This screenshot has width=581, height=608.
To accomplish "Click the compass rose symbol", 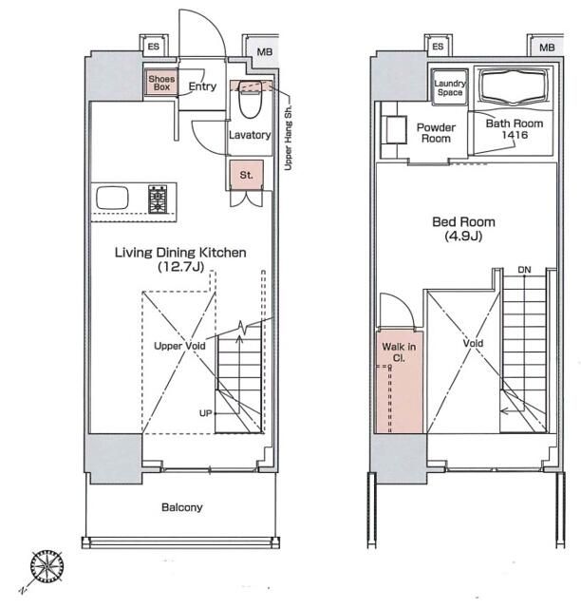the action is click(x=47, y=566).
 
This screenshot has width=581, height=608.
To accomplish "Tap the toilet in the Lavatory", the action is click(x=250, y=99).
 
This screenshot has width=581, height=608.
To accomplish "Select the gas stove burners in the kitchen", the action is click(x=158, y=199).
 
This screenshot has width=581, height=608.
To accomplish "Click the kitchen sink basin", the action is click(x=112, y=198).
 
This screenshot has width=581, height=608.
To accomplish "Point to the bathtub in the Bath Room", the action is click(x=515, y=87).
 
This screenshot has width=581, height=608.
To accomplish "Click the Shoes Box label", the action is click(x=161, y=83).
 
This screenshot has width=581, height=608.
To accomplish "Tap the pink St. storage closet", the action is click(x=246, y=175).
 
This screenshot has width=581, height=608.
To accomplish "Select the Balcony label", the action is click(x=181, y=507).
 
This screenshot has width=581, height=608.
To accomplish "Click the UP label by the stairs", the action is click(x=205, y=413).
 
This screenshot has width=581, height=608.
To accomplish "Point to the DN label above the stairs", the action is click(x=524, y=270).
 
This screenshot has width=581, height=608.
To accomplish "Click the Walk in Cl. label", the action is click(x=399, y=352).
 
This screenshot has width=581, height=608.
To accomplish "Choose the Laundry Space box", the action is click(x=450, y=87).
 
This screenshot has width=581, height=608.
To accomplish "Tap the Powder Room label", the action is click(x=436, y=133).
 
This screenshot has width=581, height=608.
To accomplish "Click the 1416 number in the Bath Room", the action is click(x=515, y=135).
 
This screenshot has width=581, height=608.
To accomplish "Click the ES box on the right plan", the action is click(x=439, y=47).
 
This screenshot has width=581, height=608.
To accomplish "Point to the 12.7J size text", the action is click(x=181, y=267).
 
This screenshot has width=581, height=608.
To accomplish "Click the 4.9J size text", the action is click(x=463, y=236).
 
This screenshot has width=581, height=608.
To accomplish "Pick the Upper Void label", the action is click(x=179, y=346).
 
